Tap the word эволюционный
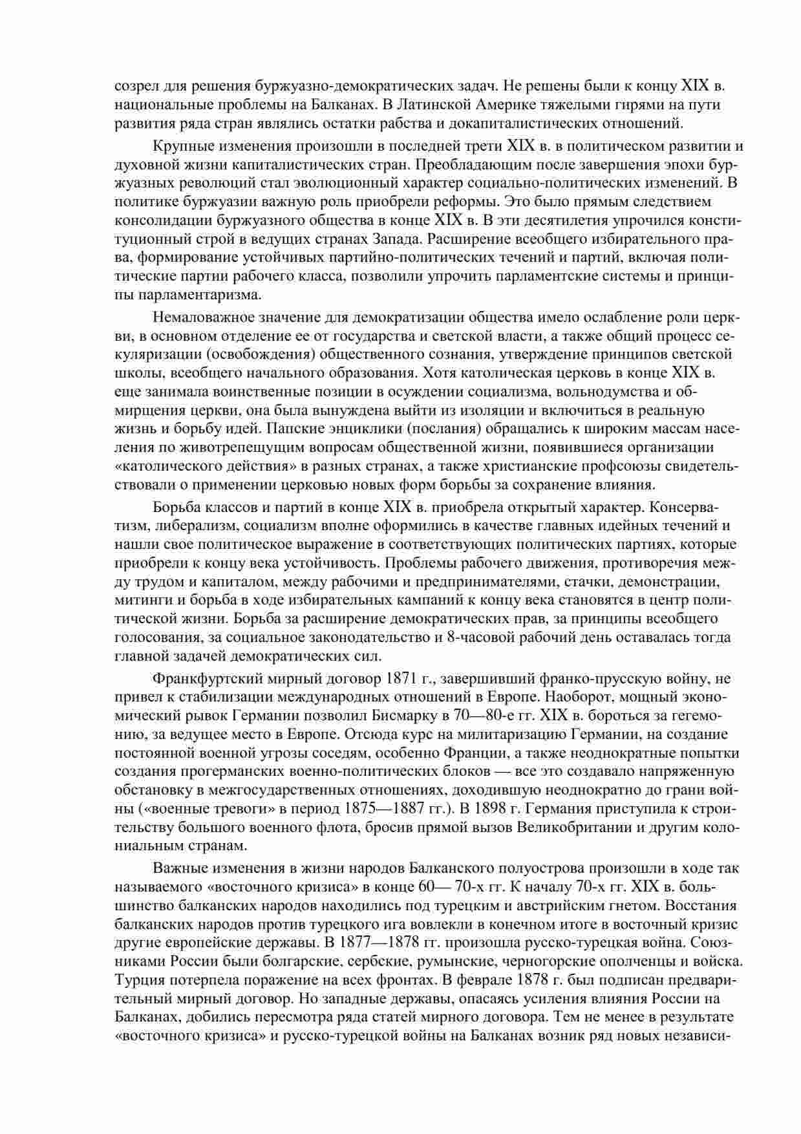(346, 183)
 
